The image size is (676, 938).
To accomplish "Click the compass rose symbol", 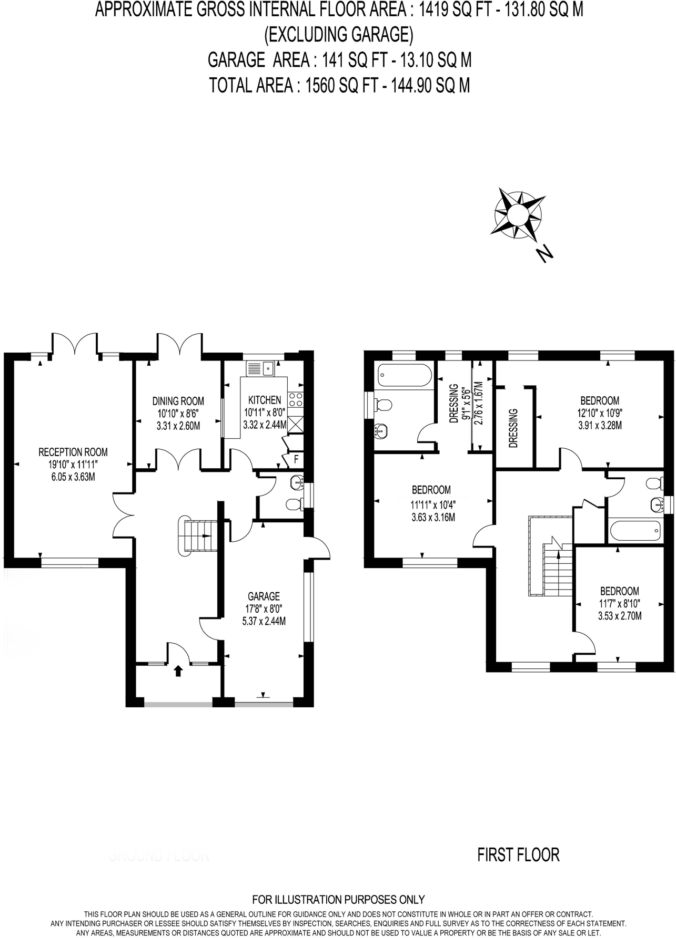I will [x=518, y=214].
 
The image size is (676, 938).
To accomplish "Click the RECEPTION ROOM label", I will [x=73, y=452].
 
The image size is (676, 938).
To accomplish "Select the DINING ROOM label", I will [x=178, y=401].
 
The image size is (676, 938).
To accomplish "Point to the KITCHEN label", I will [x=265, y=400].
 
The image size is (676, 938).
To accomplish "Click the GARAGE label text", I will [x=264, y=596].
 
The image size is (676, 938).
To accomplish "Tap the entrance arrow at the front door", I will [x=178, y=671].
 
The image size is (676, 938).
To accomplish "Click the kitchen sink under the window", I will [x=261, y=367].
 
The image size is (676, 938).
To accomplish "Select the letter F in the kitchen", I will [x=296, y=459].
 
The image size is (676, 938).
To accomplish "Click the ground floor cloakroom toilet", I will [x=295, y=505].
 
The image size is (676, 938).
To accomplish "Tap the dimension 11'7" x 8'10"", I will [x=620, y=603].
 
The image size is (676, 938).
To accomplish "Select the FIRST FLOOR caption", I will [x=518, y=855].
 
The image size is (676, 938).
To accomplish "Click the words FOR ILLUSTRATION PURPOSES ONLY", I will [x=338, y=900].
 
